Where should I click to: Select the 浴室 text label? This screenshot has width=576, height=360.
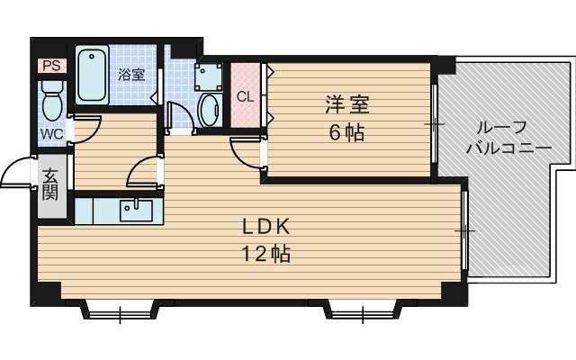131,75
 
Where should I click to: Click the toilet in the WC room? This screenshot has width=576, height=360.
51,99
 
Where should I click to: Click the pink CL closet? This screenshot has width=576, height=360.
245,95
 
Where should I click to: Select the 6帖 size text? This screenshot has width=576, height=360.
346,133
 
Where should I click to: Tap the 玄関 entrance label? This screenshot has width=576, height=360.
49,184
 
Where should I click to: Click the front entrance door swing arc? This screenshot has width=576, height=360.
18,174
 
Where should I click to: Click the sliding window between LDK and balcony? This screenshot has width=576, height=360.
464,230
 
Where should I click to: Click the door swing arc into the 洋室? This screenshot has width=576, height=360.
245,153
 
